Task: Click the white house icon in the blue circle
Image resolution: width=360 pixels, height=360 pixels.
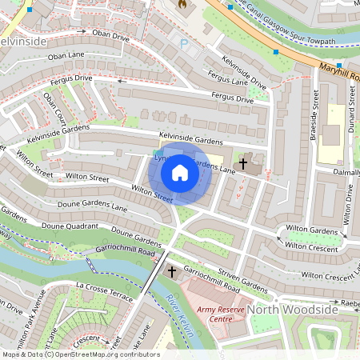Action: (x=180, y=173)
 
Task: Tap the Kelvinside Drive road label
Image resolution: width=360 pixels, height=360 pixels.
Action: (x=243, y=71)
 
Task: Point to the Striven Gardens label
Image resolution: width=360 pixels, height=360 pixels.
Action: (x=244, y=285)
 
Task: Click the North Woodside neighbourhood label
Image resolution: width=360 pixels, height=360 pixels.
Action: (x=292, y=310)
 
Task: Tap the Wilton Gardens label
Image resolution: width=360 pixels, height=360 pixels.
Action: (x=312, y=230)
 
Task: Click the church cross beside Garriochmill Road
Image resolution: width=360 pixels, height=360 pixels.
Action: (x=171, y=273)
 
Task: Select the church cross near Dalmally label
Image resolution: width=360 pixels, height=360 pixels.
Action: (x=243, y=163)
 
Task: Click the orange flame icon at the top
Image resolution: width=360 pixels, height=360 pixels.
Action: (x=182, y=4)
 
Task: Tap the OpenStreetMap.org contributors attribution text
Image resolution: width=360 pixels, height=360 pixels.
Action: (x=115, y=354)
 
